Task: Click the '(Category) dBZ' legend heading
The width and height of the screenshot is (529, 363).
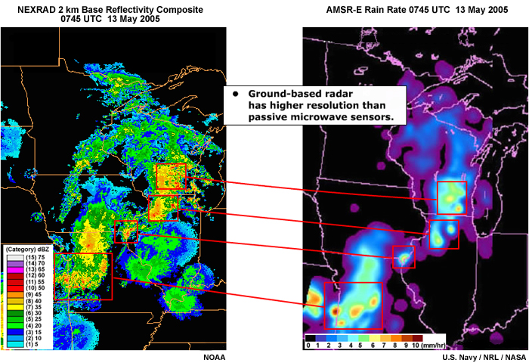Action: tap(28, 249)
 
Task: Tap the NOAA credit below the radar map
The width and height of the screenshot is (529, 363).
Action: tap(215, 356)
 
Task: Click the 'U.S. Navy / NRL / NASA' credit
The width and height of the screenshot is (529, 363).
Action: tap(484, 356)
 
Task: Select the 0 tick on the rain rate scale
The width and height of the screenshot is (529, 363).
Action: tap(308, 345)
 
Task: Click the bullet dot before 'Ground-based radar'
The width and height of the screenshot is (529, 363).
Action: tap(235, 94)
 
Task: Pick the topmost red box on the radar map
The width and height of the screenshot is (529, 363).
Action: tap(170, 176)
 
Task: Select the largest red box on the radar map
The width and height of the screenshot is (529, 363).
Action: tap(83, 276)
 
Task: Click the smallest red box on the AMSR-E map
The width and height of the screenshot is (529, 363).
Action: tap(404, 257)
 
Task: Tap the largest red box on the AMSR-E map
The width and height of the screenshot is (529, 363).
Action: tap(352, 305)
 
